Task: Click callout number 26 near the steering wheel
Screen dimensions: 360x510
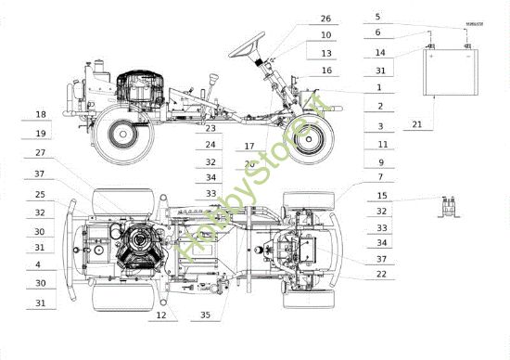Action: (x=325, y=19)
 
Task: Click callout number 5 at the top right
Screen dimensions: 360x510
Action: (x=377, y=17)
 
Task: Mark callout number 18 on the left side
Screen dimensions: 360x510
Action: (x=40, y=114)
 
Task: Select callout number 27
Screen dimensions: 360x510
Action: (x=40, y=153)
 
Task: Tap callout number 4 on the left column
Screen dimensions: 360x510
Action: (x=40, y=264)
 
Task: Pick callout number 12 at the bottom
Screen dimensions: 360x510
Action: (x=161, y=316)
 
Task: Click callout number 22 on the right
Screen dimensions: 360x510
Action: (x=381, y=274)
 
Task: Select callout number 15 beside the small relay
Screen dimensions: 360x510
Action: (x=381, y=196)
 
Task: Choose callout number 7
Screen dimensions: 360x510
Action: (x=381, y=176)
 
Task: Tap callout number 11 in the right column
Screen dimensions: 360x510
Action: (x=381, y=145)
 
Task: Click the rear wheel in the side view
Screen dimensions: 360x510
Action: (x=121, y=133)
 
